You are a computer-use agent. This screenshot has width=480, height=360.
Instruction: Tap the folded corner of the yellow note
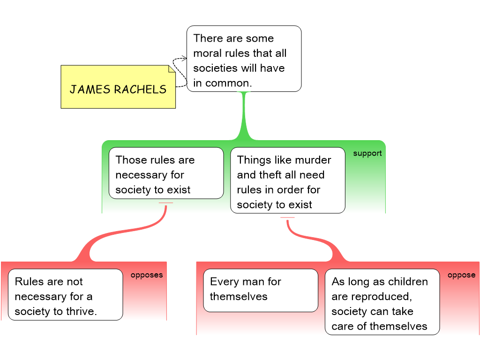[x=172, y=69]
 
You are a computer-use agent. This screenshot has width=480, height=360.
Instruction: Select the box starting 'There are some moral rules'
[x=244, y=59]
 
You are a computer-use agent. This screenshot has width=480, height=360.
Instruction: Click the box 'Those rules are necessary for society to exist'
[x=166, y=173]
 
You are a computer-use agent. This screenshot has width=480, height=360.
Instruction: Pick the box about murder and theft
[x=288, y=180]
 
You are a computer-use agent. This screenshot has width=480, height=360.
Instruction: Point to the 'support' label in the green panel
[x=367, y=153]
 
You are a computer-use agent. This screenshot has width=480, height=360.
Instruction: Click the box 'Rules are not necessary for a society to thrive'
[x=65, y=294]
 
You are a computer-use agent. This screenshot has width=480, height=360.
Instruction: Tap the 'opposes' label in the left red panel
[x=146, y=275]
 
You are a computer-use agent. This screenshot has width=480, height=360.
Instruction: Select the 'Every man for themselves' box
[x=260, y=290]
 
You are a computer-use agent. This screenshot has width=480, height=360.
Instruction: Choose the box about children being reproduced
[x=382, y=302]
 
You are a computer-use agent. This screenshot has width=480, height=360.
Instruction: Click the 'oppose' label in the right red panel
[x=461, y=275]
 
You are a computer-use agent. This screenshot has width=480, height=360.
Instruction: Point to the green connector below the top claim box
[x=244, y=117]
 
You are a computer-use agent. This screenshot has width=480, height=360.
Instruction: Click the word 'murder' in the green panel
[x=312, y=160]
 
